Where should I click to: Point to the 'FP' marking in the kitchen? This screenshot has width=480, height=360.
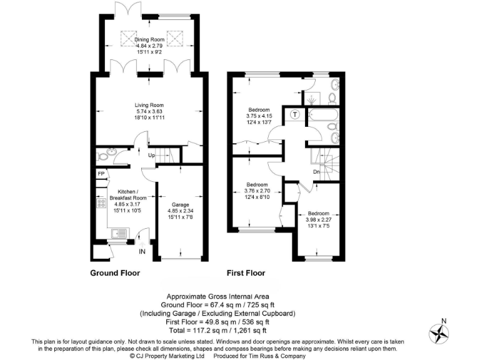point(100,174)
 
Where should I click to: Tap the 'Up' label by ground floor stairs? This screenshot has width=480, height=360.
point(151,156)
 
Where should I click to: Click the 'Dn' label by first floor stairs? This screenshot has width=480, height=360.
point(317,173)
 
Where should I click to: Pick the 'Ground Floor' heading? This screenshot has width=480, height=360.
point(115,273)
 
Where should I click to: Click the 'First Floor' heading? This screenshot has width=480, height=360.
point(246,273)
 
